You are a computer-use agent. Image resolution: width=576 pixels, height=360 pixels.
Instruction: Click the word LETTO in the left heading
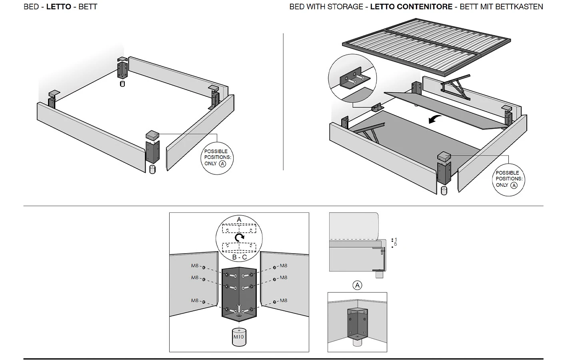[x=58, y=7]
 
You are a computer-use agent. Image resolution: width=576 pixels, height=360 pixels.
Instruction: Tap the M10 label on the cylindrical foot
[x=238, y=337]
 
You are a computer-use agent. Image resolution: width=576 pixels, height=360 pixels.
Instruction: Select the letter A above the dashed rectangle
[x=239, y=220]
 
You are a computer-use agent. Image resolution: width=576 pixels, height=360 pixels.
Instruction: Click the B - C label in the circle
[x=239, y=257]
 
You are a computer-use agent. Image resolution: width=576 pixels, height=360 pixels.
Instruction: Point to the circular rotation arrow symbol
[x=239, y=238]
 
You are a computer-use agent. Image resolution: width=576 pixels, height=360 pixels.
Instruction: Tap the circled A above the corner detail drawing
[x=357, y=285]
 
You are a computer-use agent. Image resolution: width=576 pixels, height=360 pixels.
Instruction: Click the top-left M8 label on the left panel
[x=195, y=266]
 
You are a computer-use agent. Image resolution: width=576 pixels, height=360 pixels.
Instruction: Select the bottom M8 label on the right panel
[x=283, y=300]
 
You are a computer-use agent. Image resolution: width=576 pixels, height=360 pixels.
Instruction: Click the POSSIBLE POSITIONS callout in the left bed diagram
[x=216, y=158]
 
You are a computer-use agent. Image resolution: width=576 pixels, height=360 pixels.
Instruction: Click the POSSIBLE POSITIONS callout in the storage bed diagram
[x=508, y=179]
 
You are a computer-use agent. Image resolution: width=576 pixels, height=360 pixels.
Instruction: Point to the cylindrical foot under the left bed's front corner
[x=152, y=169]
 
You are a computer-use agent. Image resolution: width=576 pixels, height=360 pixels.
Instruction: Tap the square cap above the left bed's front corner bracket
[x=153, y=135]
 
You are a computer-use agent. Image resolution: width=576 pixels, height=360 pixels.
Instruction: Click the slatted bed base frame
[x=426, y=46]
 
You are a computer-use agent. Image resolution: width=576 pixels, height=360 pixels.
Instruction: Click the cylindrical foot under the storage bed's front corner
[x=444, y=190]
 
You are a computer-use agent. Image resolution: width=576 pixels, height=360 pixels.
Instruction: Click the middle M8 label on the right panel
[x=283, y=278]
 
